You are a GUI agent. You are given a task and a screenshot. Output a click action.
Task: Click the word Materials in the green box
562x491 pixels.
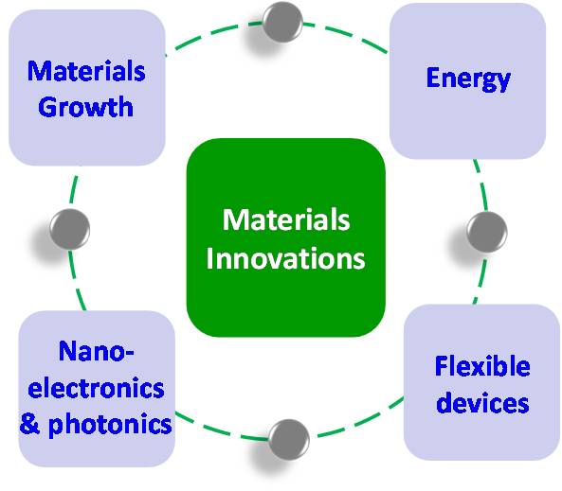(x=286, y=219)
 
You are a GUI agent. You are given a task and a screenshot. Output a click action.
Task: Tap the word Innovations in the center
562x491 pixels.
(x=285, y=258)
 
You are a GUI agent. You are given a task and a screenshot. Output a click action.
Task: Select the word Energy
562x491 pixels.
(x=468, y=79)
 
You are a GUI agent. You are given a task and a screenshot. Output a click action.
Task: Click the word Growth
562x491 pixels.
(x=85, y=106)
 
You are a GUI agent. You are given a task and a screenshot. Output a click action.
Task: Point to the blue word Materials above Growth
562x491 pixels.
(x=86, y=71)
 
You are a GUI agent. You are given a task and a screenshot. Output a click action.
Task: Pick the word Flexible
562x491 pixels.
(x=482, y=366)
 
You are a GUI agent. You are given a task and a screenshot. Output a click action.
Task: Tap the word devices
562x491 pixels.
(x=482, y=402)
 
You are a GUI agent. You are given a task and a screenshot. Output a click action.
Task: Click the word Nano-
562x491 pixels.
(x=97, y=351)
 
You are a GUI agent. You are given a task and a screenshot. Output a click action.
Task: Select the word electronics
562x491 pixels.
(x=96, y=388)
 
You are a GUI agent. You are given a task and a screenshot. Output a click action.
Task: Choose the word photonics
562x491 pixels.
(x=110, y=425)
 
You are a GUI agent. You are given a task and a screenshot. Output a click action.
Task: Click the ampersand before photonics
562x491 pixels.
(x=30, y=424)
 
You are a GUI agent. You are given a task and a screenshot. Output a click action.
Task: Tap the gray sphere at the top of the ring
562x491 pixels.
(x=282, y=22)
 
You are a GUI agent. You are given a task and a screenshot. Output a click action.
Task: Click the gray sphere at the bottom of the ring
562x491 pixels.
(x=288, y=440)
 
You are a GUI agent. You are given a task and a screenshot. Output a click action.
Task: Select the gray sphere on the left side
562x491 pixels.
(x=69, y=229)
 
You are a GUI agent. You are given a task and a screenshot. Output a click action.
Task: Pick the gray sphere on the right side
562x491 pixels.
(x=487, y=233)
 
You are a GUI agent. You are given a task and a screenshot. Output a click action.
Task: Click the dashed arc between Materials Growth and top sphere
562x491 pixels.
(x=211, y=33)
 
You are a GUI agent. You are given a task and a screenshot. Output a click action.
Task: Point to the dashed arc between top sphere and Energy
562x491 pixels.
(x=347, y=35)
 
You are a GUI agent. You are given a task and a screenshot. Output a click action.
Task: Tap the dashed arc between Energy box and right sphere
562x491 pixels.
(x=481, y=185)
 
